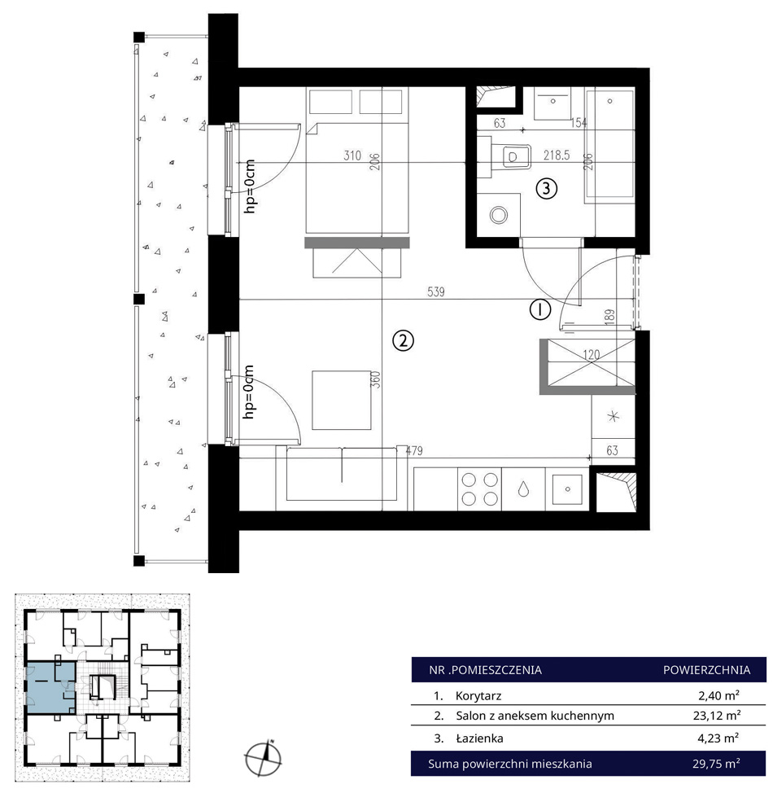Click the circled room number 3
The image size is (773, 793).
[x=546, y=189]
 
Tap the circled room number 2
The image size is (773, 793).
[x=403, y=341]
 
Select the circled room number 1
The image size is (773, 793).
[x=540, y=309]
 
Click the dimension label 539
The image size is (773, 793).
[x=436, y=291]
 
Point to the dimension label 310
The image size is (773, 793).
[x=352, y=156]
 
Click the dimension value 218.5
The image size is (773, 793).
[x=556, y=155]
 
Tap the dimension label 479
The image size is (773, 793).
[x=414, y=450]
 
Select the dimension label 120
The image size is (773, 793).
[x=591, y=354]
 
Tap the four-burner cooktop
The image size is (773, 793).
[x=480, y=489]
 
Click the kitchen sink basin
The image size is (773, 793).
[x=567, y=489]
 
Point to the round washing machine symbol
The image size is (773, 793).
[x=499, y=215]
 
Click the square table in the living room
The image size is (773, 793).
[x=342, y=400]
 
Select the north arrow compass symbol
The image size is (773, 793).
[x=264, y=758]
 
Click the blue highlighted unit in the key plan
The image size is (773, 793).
[x=50, y=687]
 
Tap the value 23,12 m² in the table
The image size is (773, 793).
[x=718, y=716]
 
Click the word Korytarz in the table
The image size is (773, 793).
[x=478, y=695]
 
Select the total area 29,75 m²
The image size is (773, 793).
[x=716, y=763]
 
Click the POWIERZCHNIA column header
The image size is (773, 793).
[x=707, y=670]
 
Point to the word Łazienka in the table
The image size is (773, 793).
[x=479, y=738]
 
